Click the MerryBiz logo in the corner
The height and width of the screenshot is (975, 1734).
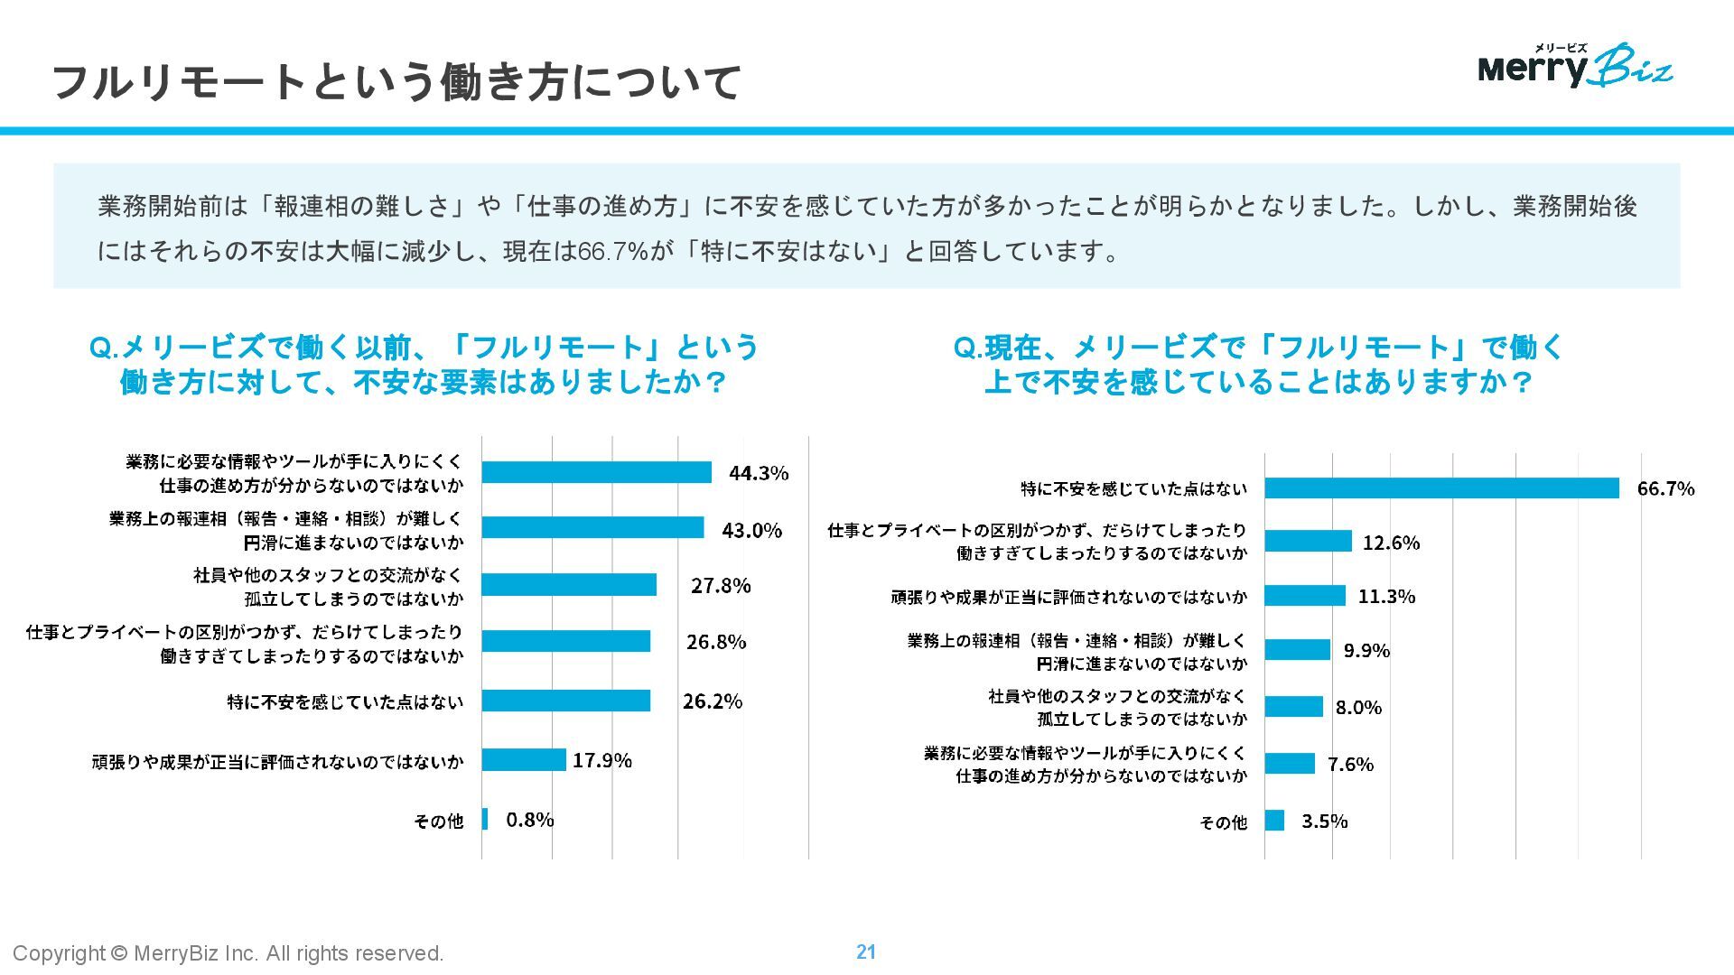tap(1575, 65)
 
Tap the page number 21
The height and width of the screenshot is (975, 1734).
tap(866, 952)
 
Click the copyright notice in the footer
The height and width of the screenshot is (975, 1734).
tap(228, 953)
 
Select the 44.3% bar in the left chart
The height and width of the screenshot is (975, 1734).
tap(596, 472)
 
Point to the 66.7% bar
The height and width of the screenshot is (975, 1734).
tap(1441, 488)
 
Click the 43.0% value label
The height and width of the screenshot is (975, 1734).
tap(751, 530)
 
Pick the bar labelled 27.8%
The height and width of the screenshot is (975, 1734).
tap(569, 585)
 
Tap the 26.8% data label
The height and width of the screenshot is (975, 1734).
tap(716, 642)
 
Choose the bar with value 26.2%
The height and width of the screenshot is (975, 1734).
tap(565, 701)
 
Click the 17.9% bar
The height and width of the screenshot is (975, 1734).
tap(524, 760)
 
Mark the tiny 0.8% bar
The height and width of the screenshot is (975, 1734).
tap(485, 819)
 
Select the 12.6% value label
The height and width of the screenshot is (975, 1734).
tap(1391, 543)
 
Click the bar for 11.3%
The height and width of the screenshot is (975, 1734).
tap(1305, 596)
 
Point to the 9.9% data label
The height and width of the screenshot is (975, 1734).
tap(1366, 651)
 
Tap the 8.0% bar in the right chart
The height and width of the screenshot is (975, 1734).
tap(1293, 707)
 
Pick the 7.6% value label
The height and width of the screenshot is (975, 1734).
tap(1351, 765)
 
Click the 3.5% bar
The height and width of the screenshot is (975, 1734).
tap(1274, 821)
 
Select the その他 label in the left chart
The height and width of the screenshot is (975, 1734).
tap(438, 821)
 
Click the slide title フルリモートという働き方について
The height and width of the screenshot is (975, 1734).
tap(397, 82)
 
